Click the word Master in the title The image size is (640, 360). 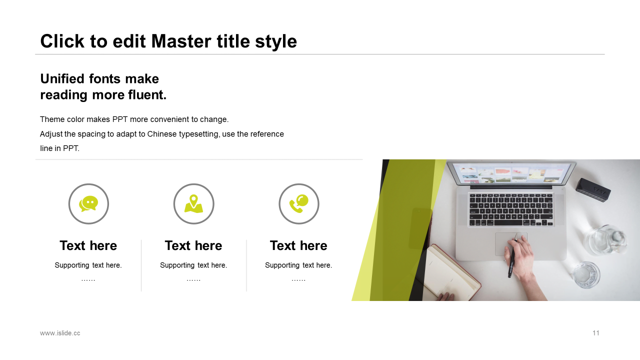181,41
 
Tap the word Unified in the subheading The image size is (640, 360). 62,78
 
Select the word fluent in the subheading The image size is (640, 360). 147,95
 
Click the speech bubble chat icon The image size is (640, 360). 88,203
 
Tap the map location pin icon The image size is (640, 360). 193,203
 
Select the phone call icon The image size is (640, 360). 299,203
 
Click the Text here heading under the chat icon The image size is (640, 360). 88,245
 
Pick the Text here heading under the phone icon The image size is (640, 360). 298,245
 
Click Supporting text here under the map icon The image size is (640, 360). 193,265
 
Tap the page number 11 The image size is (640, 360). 595,333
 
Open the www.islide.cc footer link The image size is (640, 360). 60,333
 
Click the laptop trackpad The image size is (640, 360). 511,243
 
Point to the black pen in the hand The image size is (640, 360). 511,257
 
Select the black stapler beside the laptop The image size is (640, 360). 593,189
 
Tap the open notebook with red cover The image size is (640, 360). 451,273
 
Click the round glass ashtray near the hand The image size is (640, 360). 586,274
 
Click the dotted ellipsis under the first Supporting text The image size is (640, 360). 88,280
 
